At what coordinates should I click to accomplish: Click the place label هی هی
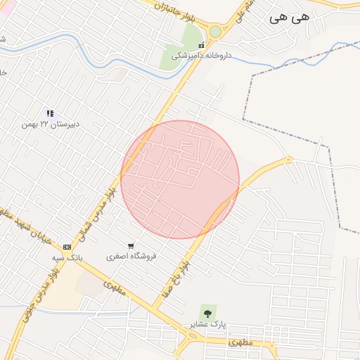pos(289,19)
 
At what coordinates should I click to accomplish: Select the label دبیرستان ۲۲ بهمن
pos(51,124)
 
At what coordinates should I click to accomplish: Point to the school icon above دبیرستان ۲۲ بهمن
pos(50,112)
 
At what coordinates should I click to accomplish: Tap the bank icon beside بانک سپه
pos(67,247)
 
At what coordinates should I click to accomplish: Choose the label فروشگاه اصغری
pos(131,257)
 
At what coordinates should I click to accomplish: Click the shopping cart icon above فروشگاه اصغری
pos(131,245)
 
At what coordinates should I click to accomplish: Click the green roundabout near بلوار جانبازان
pos(214,32)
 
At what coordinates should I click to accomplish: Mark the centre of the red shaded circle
pos(180,179)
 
